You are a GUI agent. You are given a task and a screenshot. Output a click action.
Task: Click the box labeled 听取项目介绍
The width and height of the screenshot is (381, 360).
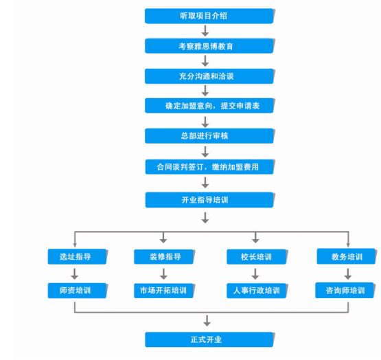pos(209,15)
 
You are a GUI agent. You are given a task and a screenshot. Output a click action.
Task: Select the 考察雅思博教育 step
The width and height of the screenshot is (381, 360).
pos(209,45)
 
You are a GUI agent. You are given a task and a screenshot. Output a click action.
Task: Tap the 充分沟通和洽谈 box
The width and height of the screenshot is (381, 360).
pos(209,76)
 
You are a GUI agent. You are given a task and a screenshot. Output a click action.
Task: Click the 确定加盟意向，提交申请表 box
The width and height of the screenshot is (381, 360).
pos(209,106)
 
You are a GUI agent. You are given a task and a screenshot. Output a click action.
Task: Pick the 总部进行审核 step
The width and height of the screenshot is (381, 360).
pos(209,136)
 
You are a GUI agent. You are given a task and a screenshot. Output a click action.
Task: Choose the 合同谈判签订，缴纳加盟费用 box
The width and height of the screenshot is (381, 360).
pos(209,166)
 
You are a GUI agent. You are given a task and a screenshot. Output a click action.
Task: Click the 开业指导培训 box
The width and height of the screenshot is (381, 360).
pos(209,200)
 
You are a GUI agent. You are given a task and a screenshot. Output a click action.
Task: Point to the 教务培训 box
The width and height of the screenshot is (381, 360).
pos(347,257)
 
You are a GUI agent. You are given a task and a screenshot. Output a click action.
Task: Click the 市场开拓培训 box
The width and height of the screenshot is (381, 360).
pos(164,291)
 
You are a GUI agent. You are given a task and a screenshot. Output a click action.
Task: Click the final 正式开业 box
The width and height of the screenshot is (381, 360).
pos(209,339)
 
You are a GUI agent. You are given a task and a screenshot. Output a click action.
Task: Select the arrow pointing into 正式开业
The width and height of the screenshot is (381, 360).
pos(207,320)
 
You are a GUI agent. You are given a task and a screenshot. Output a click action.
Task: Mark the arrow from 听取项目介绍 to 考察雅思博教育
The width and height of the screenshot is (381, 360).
pos(205,30)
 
